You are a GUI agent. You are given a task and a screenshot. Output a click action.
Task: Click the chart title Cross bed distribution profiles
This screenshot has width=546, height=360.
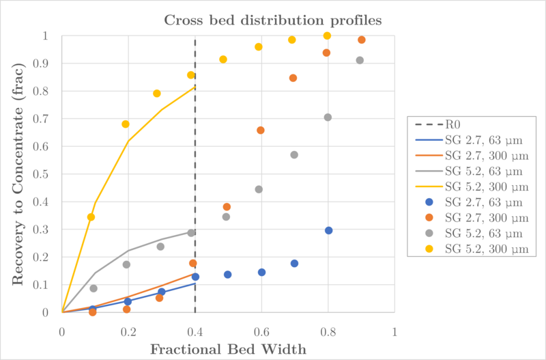coord(273,20)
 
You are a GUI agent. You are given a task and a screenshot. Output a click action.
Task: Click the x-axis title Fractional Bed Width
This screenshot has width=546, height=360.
coord(229,348)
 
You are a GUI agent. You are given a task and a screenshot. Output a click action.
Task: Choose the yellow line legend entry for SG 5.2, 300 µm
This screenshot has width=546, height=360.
coord(471,186)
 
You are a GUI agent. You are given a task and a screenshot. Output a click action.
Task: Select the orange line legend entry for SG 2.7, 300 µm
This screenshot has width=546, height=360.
coord(471,156)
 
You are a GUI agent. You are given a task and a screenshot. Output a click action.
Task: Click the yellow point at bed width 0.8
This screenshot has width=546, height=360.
coord(327,36)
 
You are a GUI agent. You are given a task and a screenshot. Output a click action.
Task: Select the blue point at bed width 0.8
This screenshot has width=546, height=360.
coord(328,230)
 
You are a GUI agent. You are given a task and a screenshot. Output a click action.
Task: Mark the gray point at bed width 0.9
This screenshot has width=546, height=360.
coord(360,60)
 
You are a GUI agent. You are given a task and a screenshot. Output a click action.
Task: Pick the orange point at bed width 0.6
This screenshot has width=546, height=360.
coord(260,130)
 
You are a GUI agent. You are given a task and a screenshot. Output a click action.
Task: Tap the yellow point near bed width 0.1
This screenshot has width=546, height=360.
coord(91,217)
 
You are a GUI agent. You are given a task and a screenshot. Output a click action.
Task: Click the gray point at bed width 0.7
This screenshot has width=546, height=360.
coord(294,155)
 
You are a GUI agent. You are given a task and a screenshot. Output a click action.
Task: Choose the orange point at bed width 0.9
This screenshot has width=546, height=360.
coord(362,40)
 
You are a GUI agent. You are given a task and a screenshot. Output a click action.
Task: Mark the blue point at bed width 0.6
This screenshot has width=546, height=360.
coord(261,272)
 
